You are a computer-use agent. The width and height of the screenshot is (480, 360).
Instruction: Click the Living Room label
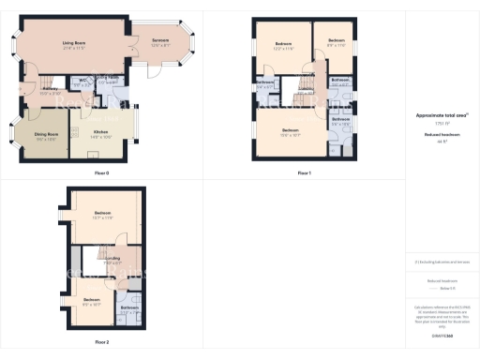click(x=74, y=43)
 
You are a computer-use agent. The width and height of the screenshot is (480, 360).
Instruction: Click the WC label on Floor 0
click(x=83, y=80)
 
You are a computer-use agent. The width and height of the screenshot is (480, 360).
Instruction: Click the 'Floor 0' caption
click(x=102, y=173)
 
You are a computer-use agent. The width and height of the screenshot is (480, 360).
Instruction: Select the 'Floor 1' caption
click(x=304, y=173)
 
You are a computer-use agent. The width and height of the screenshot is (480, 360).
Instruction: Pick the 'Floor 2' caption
click(x=102, y=342)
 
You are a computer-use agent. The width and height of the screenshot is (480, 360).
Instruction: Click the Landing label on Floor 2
click(x=112, y=258)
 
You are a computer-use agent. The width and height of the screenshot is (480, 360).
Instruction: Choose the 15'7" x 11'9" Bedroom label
click(x=102, y=214)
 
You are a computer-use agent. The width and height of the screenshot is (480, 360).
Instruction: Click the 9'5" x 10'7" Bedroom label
click(x=91, y=300)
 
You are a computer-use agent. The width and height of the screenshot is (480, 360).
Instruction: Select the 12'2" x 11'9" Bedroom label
click(x=284, y=45)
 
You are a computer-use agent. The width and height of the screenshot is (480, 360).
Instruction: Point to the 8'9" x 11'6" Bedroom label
click(x=337, y=42)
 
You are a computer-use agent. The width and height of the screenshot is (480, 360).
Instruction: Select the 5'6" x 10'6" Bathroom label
click(x=340, y=119)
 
